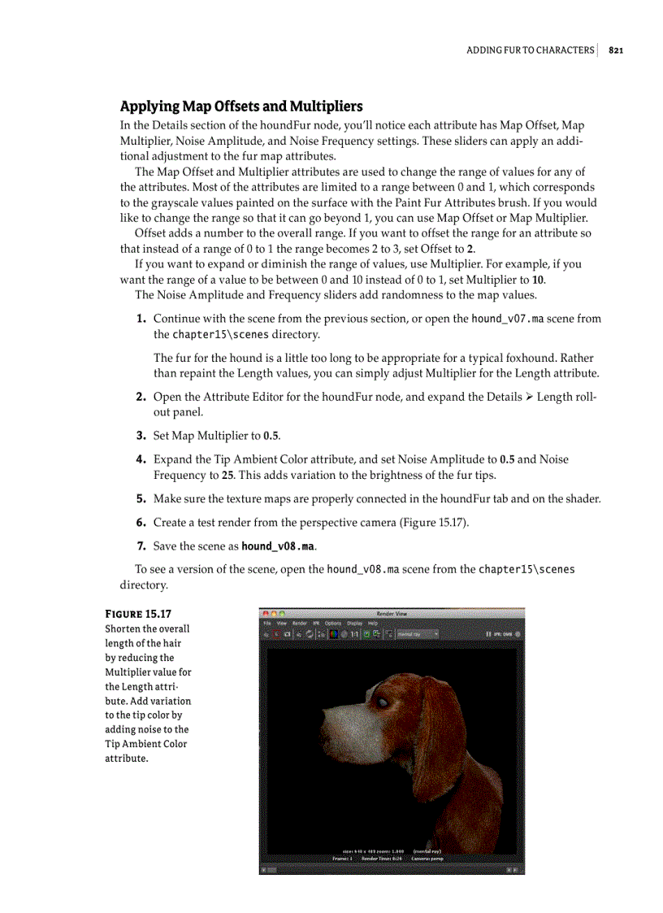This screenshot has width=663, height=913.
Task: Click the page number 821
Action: [x=615, y=50]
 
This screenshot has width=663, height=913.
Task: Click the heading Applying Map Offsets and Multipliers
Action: [x=240, y=107]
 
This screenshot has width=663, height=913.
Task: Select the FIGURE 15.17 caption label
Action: [x=137, y=614]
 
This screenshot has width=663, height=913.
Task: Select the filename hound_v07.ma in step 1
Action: [x=507, y=319]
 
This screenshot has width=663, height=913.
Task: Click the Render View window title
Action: [x=392, y=614]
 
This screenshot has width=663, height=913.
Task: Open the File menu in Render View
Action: [x=266, y=623]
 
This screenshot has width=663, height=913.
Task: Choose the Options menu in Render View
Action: [x=333, y=623]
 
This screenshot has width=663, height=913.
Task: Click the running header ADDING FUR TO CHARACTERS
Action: [x=530, y=50]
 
